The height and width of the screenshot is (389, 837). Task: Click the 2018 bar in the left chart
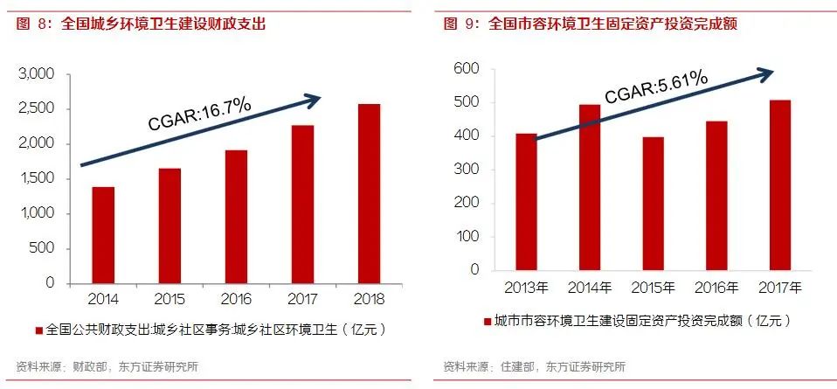point(369,193)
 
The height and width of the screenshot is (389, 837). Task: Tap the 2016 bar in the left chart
point(236,216)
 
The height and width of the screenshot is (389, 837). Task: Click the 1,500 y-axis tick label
point(37,178)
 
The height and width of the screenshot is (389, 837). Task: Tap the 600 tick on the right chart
point(467,69)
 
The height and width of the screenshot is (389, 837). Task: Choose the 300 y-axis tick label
point(467,170)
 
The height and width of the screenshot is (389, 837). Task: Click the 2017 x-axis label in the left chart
point(302,299)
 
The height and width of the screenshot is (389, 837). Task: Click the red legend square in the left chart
point(37,330)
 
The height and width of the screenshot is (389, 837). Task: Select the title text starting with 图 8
point(140,24)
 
